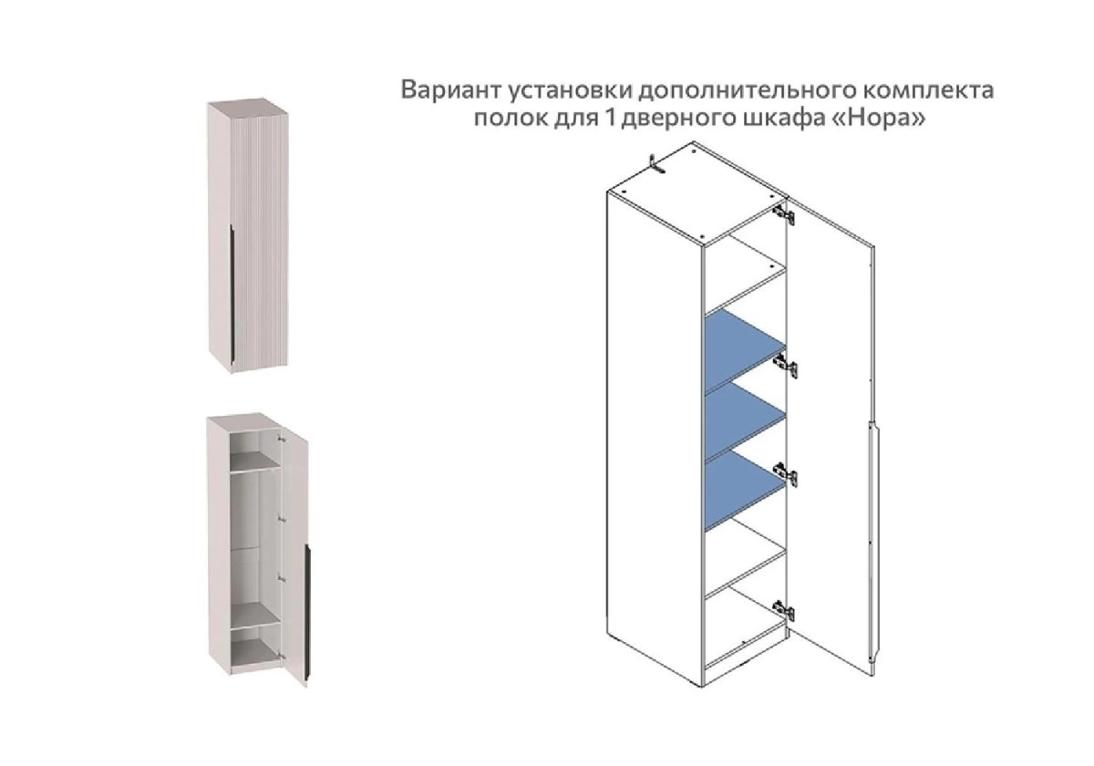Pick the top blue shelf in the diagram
(x=745, y=350)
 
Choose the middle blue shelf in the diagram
(x=745, y=421)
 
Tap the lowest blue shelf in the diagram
(x=745, y=491)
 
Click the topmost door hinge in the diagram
(x=783, y=214)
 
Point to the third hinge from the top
(x=785, y=475)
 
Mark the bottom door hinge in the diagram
(x=783, y=611)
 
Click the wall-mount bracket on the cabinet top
(x=656, y=164)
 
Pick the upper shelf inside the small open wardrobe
(x=254, y=461)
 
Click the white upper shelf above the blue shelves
(x=745, y=287)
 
